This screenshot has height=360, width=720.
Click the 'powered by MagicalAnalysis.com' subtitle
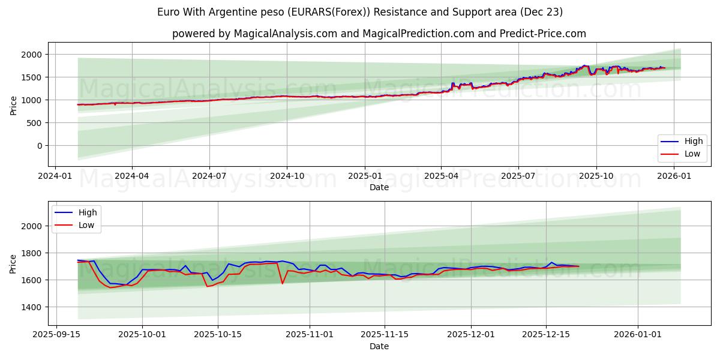pos(379,34)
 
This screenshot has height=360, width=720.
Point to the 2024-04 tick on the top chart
pos(132,176)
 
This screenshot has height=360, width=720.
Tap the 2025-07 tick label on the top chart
pos(518,176)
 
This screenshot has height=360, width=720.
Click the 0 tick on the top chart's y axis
pos(39,146)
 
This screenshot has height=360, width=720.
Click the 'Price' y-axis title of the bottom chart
pos(13,263)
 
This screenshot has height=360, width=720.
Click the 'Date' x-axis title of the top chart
pos(379,187)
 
